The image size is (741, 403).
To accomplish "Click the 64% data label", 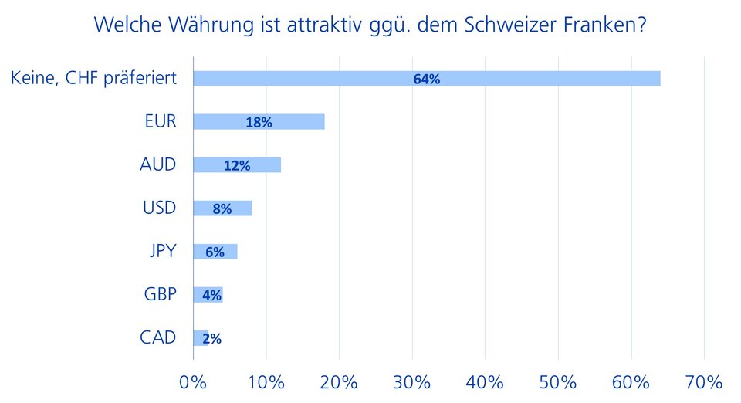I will [x=426, y=79].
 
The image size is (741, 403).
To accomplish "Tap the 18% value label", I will [x=259, y=122].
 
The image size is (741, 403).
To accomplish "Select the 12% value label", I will [x=237, y=165].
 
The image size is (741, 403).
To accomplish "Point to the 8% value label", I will [x=222, y=208].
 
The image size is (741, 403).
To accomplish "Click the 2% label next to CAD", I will [x=211, y=338].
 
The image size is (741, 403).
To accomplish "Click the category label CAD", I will [x=158, y=337].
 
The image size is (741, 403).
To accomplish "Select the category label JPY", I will [x=163, y=251].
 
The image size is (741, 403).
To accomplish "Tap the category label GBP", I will [x=160, y=294].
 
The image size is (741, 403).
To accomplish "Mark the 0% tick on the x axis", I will [x=193, y=382].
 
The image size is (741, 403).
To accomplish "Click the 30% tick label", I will [x=412, y=382].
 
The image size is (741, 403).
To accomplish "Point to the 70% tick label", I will [x=704, y=382].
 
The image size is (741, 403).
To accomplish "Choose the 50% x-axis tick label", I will [x=558, y=382].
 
